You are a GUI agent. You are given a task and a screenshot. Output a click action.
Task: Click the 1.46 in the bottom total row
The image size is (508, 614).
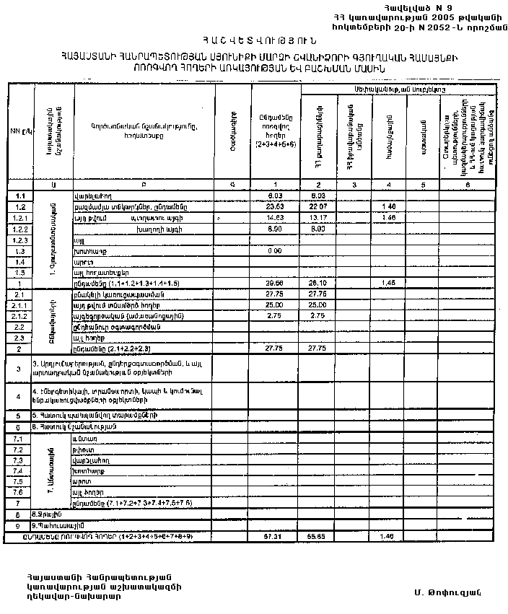(388, 538)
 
